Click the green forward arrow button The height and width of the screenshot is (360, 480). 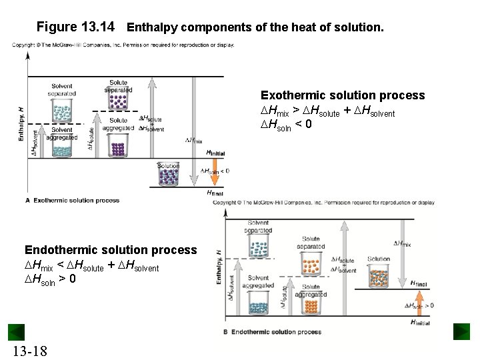(x=461, y=332)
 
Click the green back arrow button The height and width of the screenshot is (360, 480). (x=16, y=332)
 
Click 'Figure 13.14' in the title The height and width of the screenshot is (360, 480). (x=75, y=27)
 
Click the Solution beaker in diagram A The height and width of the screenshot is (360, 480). (x=169, y=176)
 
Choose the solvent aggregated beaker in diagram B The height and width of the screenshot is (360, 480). (x=258, y=304)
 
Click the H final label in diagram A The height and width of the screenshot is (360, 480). (x=215, y=193)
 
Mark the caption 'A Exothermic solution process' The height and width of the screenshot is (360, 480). (x=73, y=200)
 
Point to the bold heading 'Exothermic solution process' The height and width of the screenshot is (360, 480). (x=342, y=95)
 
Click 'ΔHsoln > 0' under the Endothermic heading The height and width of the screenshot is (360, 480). (x=50, y=278)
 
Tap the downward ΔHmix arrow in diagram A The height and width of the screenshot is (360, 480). (x=194, y=113)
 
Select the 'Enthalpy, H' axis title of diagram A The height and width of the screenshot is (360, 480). (x=21, y=123)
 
